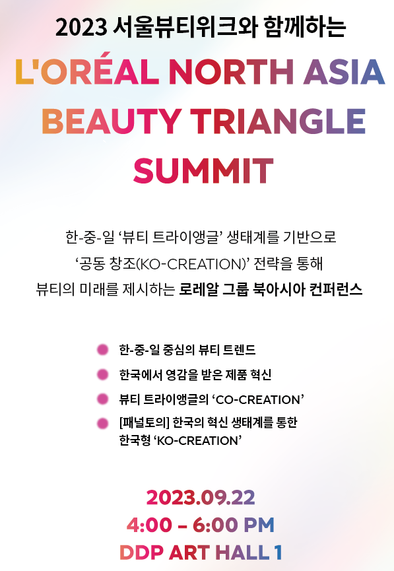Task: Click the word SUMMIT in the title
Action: [x=203, y=170]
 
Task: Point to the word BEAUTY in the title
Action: [x=112, y=121]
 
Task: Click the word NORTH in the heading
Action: [x=232, y=72]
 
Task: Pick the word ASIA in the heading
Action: [x=344, y=72]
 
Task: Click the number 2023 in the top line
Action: [x=81, y=27]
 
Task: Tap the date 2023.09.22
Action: [x=201, y=498]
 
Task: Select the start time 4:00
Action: [x=149, y=525]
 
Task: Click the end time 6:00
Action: [x=215, y=525]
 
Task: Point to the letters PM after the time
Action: [x=259, y=525]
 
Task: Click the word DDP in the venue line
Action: [x=141, y=553]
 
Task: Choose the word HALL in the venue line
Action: [x=242, y=553]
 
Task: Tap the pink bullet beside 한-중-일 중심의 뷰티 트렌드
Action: [x=103, y=350]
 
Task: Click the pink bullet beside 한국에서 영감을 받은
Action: [x=103, y=374]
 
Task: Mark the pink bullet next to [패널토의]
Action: [x=103, y=423]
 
